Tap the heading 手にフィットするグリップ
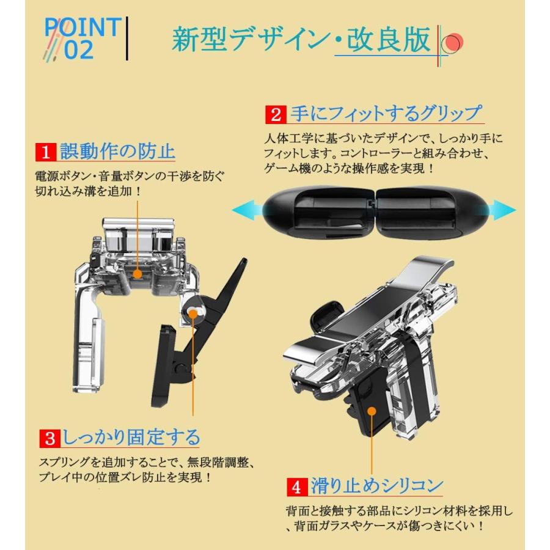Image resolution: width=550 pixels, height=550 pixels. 385,114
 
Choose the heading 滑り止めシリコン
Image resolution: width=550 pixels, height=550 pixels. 376,486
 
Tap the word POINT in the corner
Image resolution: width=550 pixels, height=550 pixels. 83,27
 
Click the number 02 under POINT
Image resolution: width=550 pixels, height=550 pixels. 78,51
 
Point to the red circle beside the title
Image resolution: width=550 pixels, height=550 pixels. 453,43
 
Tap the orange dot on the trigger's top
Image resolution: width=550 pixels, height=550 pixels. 137,275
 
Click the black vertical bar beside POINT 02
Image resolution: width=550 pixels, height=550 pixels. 127,38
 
